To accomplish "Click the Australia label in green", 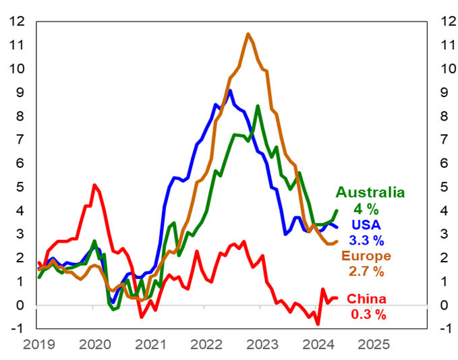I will [x=370, y=192].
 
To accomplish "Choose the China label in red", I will [x=367, y=299].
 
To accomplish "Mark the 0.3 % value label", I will [x=368, y=314].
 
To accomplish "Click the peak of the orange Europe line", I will [x=248, y=34].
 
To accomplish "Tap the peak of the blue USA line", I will [x=230, y=90].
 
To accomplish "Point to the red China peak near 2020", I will [x=94, y=185].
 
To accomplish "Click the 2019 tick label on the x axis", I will [x=38, y=344].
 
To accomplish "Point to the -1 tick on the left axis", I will [x=17, y=328].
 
